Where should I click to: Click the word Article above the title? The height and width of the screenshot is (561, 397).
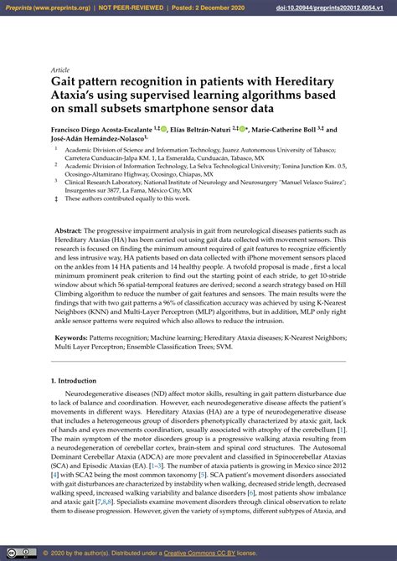pos(60,70)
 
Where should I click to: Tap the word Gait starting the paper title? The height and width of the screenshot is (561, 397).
pos(64,81)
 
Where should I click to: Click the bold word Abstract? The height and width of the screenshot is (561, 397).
pos(69,229)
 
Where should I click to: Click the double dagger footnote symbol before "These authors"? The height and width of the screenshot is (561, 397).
pos(56,198)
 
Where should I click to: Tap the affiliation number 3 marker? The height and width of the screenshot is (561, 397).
pos(56,180)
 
